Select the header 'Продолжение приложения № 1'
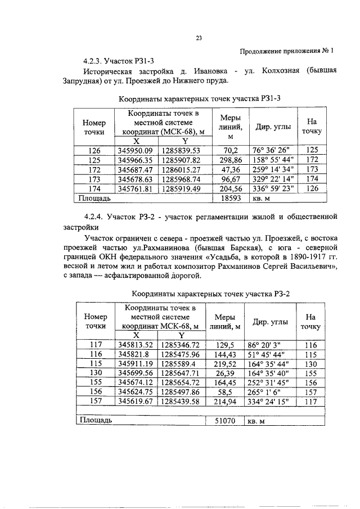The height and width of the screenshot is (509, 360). tap(286, 50)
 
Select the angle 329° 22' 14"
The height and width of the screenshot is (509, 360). tap(271, 178)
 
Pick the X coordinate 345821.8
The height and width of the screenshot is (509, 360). tap(135, 354)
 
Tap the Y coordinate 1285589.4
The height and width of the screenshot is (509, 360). tap(181, 364)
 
